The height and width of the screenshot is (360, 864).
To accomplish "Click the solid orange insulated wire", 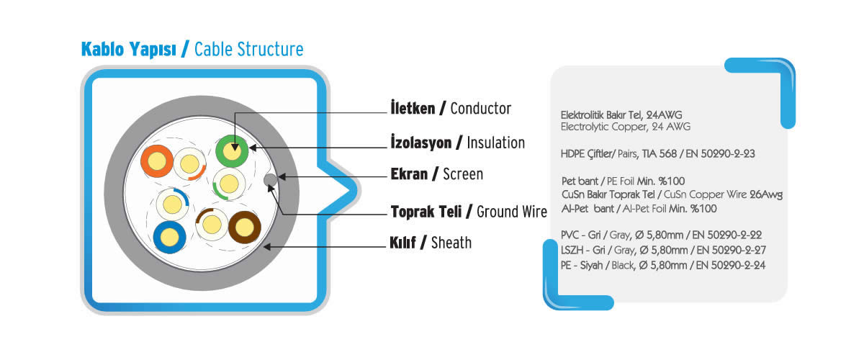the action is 157,161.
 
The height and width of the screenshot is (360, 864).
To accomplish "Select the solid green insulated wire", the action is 232,151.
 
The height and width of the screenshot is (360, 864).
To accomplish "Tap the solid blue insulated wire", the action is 169,238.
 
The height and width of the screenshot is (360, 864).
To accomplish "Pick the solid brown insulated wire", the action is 245,228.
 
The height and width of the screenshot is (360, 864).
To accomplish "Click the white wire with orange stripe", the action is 190,164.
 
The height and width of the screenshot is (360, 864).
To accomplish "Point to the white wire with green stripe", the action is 229,184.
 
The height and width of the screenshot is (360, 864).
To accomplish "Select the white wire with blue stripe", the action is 172,204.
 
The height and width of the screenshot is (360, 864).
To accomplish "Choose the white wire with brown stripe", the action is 212,225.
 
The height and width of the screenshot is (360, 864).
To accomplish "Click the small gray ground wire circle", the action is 271,179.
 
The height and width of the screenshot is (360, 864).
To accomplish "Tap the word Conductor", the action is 481,109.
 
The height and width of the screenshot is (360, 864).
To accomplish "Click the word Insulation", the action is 495,143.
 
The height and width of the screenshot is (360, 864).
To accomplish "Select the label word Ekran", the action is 409,174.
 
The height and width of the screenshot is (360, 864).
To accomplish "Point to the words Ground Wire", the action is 512,212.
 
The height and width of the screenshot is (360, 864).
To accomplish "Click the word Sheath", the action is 451,243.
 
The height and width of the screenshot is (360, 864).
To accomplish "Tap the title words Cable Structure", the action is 249,50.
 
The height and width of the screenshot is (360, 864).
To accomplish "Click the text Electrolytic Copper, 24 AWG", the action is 625,127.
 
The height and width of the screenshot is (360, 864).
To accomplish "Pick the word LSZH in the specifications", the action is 572,250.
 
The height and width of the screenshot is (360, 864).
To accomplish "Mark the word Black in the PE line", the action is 623,266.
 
